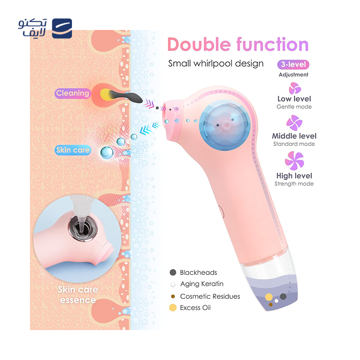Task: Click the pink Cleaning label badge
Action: [72, 94]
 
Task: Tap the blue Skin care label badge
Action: [73, 150]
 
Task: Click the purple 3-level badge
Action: [293, 64]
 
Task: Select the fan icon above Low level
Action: [295, 88]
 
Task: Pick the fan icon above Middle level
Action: [294, 123]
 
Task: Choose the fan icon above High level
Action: [294, 161]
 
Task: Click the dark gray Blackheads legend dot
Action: [173, 273]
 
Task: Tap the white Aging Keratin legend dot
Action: [173, 284]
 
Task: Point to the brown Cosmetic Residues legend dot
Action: [173, 297]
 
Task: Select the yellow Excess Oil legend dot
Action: [173, 308]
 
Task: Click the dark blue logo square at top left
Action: [62, 28]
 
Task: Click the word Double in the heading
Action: [199, 44]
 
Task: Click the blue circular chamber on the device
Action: [225, 126]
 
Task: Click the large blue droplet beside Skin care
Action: [107, 153]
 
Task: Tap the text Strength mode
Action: [294, 184]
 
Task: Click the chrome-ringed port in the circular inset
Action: [83, 228]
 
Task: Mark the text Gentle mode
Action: [294, 107]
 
